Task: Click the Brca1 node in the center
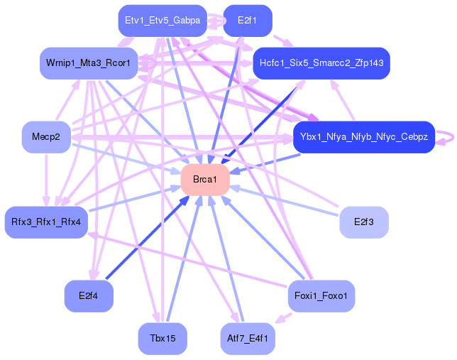(x=205, y=180)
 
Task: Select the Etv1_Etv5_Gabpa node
(x=163, y=21)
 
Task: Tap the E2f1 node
(x=248, y=21)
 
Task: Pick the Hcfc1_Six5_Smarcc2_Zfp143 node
(x=321, y=63)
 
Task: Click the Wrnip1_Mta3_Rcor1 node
(x=89, y=63)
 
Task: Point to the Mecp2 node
(x=46, y=137)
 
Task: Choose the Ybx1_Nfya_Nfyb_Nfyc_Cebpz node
(x=364, y=137)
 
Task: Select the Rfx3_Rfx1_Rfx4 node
(x=46, y=222)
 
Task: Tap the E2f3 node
(x=364, y=222)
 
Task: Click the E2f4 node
(x=89, y=296)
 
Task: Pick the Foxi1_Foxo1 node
(x=321, y=296)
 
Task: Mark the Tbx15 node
(x=163, y=339)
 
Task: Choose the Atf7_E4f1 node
(x=248, y=339)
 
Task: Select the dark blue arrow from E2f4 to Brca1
(x=147, y=237)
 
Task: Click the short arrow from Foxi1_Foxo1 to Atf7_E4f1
(x=284, y=318)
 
